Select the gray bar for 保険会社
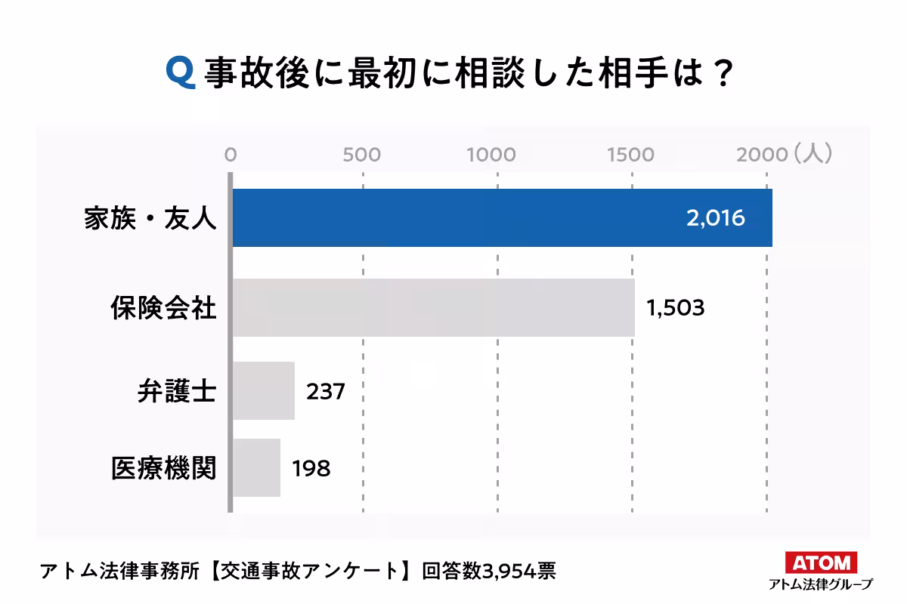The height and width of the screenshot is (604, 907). pos(433,307)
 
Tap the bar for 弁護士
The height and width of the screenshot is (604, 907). pos(263,390)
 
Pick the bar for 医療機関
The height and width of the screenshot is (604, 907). pos(256,467)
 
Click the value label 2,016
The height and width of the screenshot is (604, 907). pos(716,218)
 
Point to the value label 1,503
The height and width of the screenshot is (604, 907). pos(675,308)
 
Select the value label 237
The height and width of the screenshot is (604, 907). pos(326,392)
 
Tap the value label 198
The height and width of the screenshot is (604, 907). pos(311,468)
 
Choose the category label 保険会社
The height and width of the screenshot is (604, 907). pos(163,308)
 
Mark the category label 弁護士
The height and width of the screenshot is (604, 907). pos(177,392)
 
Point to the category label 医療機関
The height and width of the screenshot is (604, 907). pos(163,468)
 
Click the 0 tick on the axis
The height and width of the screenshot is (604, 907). pos(231,155)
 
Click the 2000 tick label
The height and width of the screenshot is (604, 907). pos(762,155)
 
